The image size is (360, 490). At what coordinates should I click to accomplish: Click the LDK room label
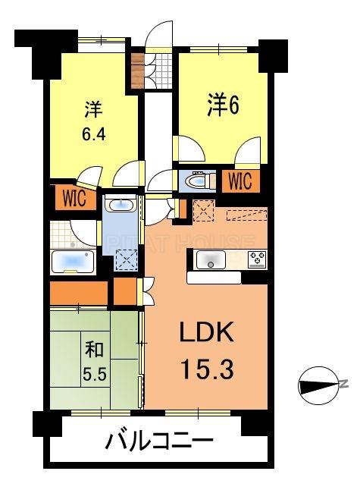(201, 333)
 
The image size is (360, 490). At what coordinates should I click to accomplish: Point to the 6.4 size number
(93, 139)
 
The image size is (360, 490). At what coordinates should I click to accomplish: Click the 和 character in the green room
(93, 350)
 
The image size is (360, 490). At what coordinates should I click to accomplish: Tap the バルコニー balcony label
(158, 441)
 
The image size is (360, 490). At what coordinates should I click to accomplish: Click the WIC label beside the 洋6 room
(239, 181)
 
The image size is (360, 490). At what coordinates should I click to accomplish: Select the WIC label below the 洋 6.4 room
(74, 198)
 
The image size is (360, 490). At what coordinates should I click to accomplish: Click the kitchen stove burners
(256, 259)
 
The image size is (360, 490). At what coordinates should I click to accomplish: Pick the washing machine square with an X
(124, 259)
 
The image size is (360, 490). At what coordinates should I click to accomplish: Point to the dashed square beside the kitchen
(204, 210)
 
